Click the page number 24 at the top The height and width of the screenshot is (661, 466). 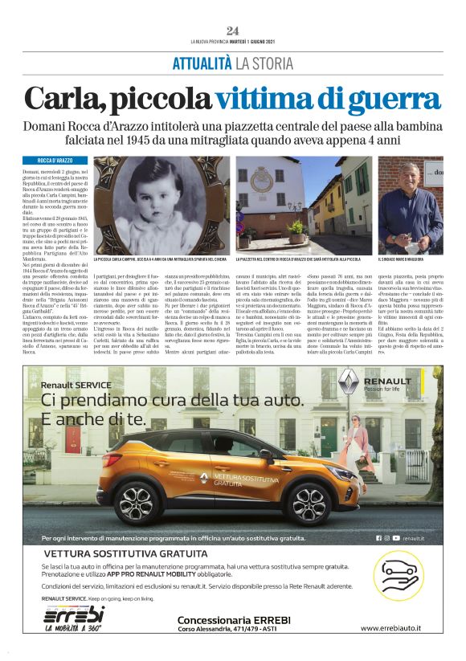[233, 30]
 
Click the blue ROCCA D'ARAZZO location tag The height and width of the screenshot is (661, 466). [55, 161]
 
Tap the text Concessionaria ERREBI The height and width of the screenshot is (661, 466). [231, 620]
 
